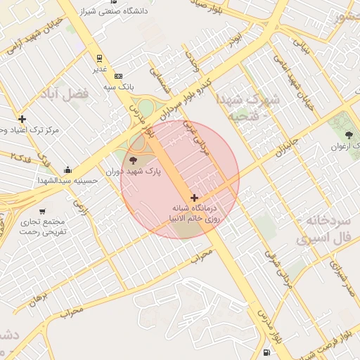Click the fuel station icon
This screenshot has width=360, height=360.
(266, 353)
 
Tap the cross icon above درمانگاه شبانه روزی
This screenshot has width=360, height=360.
(194, 198)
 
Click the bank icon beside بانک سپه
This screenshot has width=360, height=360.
(117, 76)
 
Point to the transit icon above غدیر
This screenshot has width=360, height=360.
(100, 58)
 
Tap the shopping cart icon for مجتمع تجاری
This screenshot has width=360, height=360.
(43, 211)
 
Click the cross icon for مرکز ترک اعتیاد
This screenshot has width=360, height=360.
(22, 119)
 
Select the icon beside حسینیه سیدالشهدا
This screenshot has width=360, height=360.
(67, 169)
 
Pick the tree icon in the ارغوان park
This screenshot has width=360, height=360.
(349, 134)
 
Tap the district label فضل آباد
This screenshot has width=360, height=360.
(74, 94)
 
